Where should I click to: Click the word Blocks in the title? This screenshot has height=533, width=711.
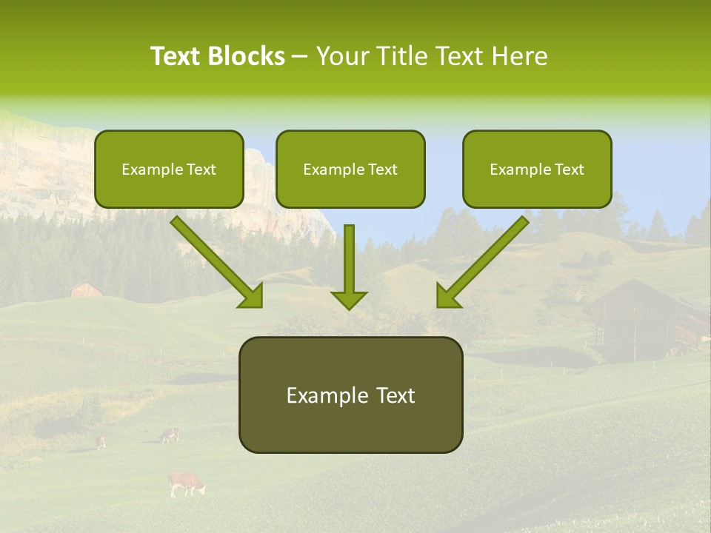(x=246, y=56)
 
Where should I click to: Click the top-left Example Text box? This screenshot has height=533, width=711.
(x=169, y=170)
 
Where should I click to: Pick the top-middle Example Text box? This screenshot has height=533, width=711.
(x=350, y=170)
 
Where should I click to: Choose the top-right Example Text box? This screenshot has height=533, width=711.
(x=537, y=170)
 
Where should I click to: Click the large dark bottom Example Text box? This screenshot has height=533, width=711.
(x=350, y=395)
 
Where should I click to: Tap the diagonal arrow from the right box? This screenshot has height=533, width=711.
(x=481, y=263)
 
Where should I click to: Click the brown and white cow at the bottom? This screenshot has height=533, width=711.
(x=186, y=483)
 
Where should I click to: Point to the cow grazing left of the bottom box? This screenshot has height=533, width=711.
(x=170, y=435)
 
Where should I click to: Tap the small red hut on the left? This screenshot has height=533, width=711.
(x=86, y=289)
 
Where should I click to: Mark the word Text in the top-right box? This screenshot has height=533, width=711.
(x=569, y=170)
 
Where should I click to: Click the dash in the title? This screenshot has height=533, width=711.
(x=300, y=56)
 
